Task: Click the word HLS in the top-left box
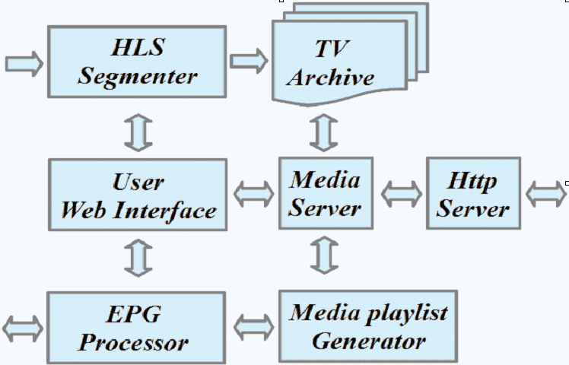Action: [138, 48]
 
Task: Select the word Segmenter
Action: [138, 76]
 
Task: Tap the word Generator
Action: [368, 341]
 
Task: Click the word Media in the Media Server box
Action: [325, 180]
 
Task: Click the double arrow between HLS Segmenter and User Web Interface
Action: [138, 129]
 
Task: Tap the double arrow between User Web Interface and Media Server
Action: [253, 194]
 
